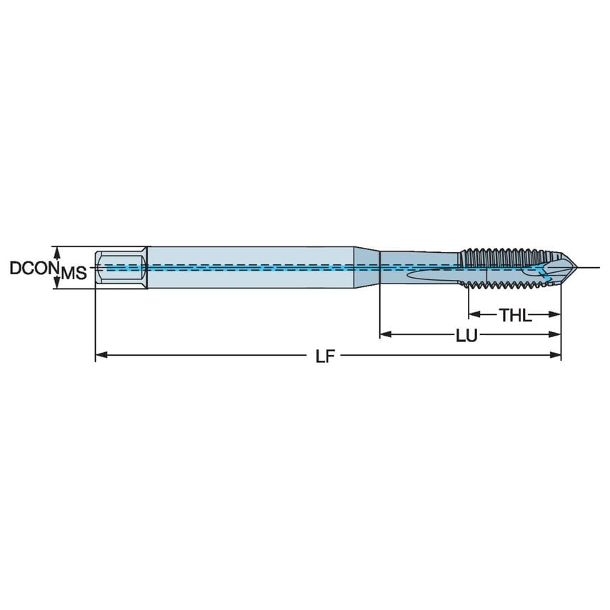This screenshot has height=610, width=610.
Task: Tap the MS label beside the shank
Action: click(74, 272)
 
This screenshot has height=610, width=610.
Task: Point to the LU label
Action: click(466, 334)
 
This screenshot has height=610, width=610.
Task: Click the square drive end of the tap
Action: click(121, 268)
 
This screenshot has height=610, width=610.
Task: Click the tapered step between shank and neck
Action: click(367, 268)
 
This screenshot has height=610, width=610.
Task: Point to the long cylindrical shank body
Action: click(250, 268)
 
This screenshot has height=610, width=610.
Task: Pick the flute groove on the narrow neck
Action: click(429, 274)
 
